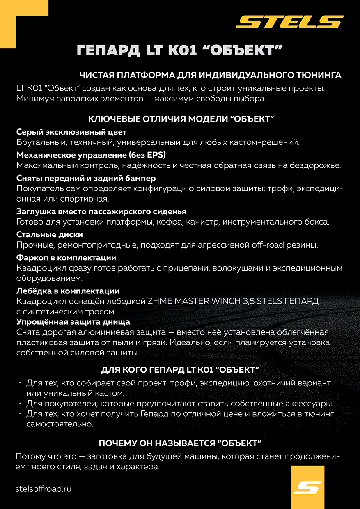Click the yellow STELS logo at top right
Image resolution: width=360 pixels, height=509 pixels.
pyautogui.click(x=290, y=22)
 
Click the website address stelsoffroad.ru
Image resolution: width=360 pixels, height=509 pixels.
pyautogui.click(x=43, y=489)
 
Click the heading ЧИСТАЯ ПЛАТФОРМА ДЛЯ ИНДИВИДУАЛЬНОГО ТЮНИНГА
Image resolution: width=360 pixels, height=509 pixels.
pyautogui.click(x=210, y=75)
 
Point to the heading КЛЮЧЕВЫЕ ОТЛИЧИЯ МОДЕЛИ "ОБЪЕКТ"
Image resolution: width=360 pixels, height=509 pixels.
pyautogui.click(x=181, y=119)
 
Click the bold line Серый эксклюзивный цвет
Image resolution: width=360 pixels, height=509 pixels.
pyautogui.click(x=71, y=132)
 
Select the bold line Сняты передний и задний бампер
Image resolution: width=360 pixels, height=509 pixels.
pyautogui.click(x=86, y=178)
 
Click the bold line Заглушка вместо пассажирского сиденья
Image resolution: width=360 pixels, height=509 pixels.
pyautogui.click(x=101, y=211)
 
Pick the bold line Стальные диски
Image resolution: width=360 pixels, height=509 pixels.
pyautogui.click(x=50, y=234)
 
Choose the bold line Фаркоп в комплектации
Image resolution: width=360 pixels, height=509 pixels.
pyautogui.click(x=66, y=258)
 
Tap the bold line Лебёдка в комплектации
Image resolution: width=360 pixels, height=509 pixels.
pyautogui.click(x=68, y=291)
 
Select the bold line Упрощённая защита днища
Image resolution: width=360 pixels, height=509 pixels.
pyautogui.click(x=73, y=321)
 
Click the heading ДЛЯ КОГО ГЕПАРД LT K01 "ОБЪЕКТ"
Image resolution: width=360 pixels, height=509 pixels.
pyautogui.click(x=180, y=369)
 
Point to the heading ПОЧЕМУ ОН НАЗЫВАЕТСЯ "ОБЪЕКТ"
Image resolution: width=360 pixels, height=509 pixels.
pyautogui.click(x=180, y=443)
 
